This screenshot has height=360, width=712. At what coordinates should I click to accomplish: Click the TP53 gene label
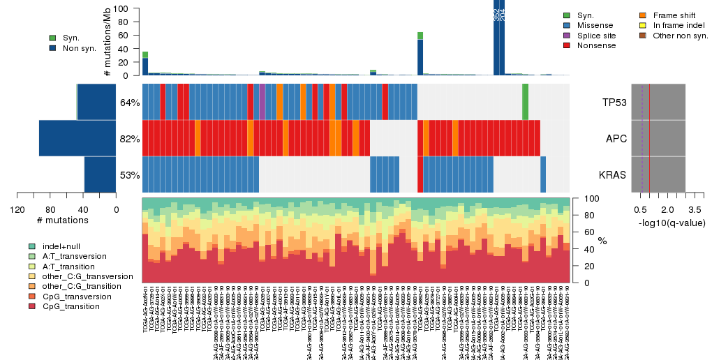point(615,102)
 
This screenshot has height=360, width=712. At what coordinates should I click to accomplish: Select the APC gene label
point(616,138)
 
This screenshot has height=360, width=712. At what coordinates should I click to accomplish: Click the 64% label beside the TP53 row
point(130,103)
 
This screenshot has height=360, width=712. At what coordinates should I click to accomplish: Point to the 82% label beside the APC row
point(130,139)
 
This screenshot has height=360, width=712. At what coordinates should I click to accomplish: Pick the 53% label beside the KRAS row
point(130,175)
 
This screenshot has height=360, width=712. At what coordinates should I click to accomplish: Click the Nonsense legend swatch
point(566,45)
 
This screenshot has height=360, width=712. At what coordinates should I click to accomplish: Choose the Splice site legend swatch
point(566,35)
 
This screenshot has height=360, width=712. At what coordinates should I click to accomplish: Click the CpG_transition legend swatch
point(32,306)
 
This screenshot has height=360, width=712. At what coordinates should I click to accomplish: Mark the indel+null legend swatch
point(32,246)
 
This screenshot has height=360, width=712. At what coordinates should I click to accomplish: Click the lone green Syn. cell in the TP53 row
point(525,102)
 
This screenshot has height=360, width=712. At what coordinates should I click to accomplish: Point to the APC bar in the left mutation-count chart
point(77,138)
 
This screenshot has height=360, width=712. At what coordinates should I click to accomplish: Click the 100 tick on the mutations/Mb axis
point(123,8)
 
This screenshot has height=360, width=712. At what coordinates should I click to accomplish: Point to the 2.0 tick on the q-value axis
point(667,209)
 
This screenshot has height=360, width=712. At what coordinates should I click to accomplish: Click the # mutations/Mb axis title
point(107,42)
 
